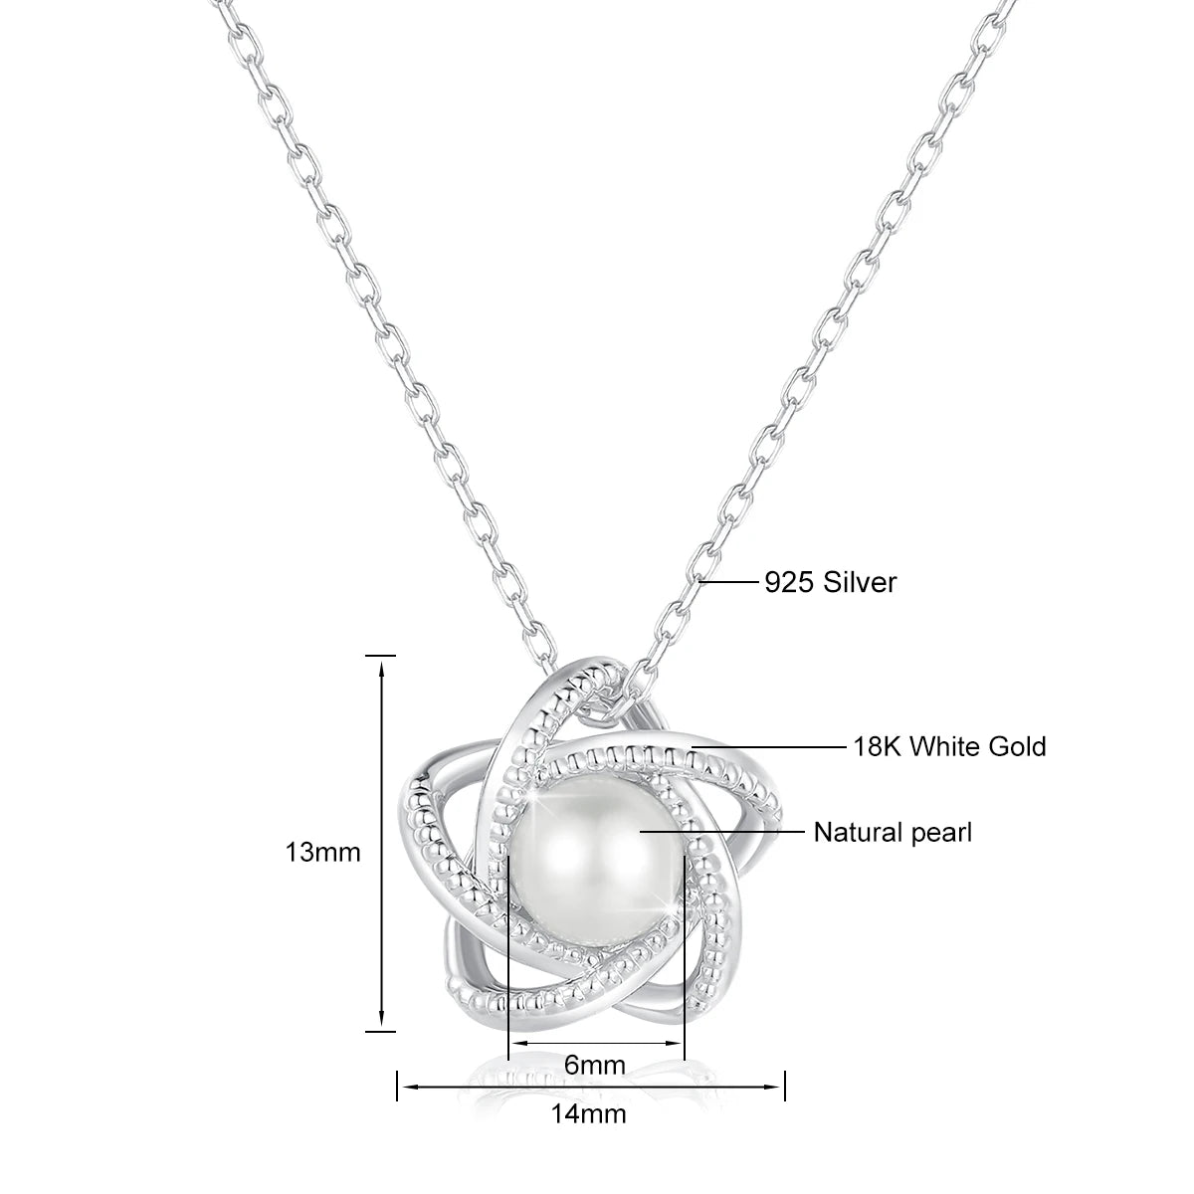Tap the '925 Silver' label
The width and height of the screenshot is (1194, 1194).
[830, 582]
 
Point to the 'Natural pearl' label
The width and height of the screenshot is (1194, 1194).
[893, 832]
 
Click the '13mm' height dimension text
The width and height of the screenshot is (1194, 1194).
[322, 852]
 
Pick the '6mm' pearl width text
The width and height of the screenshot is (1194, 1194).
[595, 1065]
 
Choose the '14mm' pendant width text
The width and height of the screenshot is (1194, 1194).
[589, 1141]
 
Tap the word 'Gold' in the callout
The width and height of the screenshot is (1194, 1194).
[1016, 745]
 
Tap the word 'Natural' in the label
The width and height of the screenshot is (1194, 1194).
[852, 832]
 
